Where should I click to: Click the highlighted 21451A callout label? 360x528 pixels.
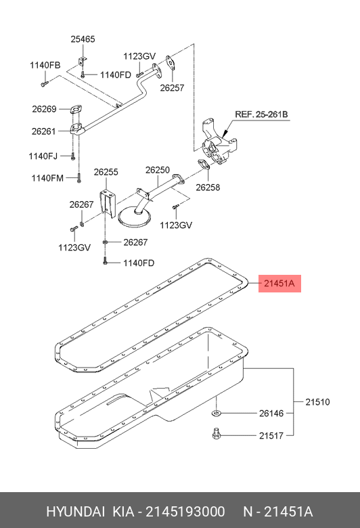tap(279, 284)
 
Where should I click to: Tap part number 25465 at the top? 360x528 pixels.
tap(83, 39)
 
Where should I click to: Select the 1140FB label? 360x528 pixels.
tap(45, 65)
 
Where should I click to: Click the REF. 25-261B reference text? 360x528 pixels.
tap(261, 114)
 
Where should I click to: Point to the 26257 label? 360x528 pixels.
tap(172, 87)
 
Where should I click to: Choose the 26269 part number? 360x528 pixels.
tap(44, 109)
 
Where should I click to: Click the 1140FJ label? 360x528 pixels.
tap(43, 156)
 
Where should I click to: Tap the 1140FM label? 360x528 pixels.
tap(47, 178)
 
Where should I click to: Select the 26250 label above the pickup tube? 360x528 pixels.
tap(158, 170)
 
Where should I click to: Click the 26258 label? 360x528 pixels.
tap(208, 188)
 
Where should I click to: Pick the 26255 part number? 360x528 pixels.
tap(106, 172)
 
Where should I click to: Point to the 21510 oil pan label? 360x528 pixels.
tap(317, 401)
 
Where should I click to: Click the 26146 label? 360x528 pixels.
tap(271, 413)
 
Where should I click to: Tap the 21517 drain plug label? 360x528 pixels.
tap(271, 436)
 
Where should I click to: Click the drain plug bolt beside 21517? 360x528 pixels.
tap(217, 434)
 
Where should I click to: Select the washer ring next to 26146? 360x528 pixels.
tap(216, 412)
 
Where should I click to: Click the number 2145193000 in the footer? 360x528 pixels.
tap(185, 512)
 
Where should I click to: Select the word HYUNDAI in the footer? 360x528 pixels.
tap(75, 512)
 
